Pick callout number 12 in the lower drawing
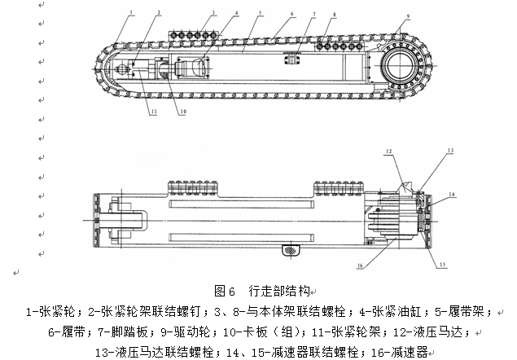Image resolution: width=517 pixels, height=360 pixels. point(390,152)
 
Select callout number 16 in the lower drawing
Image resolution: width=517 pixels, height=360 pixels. point(359,264)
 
